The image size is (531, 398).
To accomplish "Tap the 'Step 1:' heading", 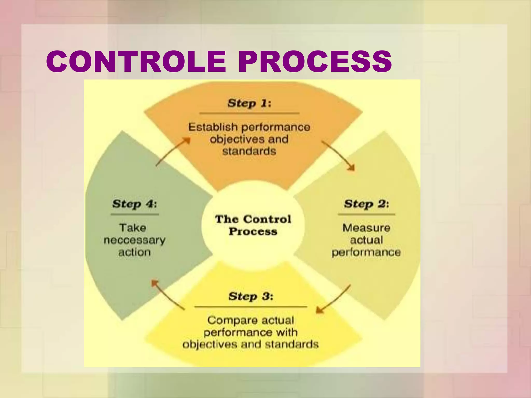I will click(x=249, y=103).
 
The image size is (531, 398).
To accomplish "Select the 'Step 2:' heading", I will click(x=366, y=204).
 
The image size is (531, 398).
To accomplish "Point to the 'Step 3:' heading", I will click(x=251, y=296).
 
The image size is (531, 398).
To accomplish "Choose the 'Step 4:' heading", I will click(x=135, y=204).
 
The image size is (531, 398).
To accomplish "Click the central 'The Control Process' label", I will click(x=253, y=225).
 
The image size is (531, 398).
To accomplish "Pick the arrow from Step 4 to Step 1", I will click(x=173, y=152).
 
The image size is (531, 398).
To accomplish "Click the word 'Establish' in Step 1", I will click(x=213, y=127).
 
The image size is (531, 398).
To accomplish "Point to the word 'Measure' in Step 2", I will click(x=366, y=228).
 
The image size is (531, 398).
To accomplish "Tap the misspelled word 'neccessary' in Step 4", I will click(x=135, y=240).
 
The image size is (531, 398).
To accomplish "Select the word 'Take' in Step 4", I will click(x=132, y=228).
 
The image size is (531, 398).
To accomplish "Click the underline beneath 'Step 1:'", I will click(x=249, y=113).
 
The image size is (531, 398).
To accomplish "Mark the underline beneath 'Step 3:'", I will click(x=251, y=307).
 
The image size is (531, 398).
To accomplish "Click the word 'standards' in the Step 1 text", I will click(x=249, y=151).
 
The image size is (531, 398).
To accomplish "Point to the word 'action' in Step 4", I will click(x=135, y=252).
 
